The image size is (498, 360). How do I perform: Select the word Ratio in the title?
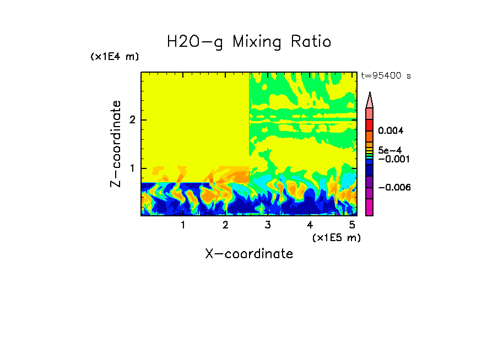coord(312,42)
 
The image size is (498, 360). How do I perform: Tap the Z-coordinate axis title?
coord(116,144)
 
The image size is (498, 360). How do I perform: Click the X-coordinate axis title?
coord(249,254)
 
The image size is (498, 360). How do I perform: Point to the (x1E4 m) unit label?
coord(115,57)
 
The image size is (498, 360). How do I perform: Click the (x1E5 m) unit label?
coord(336,237)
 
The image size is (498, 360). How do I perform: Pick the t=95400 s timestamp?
coord(386,76)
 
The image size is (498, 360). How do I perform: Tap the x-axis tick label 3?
coord(268,225)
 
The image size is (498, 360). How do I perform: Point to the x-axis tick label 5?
coord(352,225)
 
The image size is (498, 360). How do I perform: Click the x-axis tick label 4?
coord(310,225)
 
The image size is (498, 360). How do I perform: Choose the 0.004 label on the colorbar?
coord(391,131)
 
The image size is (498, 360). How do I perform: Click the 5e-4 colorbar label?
coord(389,150)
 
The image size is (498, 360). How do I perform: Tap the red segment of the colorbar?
coord(370,125)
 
